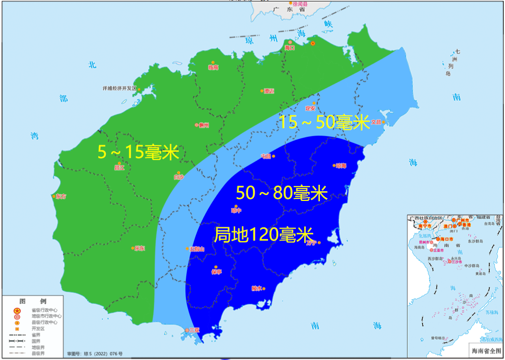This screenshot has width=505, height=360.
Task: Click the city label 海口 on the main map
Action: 290,48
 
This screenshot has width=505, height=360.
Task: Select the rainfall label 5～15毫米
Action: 138,152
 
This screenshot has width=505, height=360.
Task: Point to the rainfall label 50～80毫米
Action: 282,193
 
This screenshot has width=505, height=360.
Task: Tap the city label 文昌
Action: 376,122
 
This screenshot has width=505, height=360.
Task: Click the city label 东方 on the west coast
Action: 61,196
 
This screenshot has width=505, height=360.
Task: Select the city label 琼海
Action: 341,166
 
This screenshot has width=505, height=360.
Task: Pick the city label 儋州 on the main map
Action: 204,126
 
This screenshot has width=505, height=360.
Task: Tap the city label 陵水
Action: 256,289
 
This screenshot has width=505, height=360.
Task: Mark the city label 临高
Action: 213,67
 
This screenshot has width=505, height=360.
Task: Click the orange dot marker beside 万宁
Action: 319,243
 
